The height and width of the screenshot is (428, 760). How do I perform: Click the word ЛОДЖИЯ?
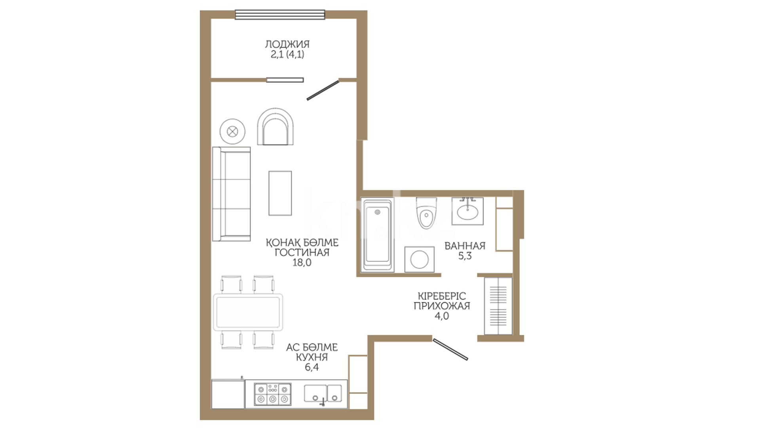pyautogui.click(x=287, y=44)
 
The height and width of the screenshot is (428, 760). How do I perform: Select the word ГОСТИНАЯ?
pyautogui.click(x=302, y=252)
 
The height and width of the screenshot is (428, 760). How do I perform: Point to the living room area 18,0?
pyautogui.click(x=302, y=262)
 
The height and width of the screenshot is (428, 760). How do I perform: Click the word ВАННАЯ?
pyautogui.click(x=465, y=246)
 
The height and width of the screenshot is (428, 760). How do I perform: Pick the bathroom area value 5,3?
pyautogui.click(x=465, y=256)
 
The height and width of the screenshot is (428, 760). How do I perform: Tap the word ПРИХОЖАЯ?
pyautogui.click(x=442, y=306)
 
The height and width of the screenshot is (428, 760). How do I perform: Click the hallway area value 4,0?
pyautogui.click(x=442, y=316)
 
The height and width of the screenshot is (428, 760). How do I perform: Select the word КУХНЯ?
pyautogui.click(x=312, y=357)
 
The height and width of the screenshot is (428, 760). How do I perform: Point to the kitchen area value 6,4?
pyautogui.click(x=312, y=367)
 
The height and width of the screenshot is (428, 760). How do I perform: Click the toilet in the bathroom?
pyautogui.click(x=426, y=212)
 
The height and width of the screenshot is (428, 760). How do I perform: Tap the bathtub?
pyautogui.click(x=377, y=235)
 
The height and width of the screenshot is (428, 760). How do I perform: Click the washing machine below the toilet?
pyautogui.click(x=419, y=260)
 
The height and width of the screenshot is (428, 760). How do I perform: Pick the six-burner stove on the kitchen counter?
pyautogui.click(x=272, y=394)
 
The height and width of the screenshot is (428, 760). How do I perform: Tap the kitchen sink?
pyautogui.click(x=323, y=394)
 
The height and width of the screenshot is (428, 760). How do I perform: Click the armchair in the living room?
pyautogui.click(x=275, y=126)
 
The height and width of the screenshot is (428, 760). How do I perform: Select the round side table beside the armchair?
pyautogui.click(x=232, y=131)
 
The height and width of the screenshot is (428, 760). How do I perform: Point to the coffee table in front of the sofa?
pyautogui.click(x=280, y=193)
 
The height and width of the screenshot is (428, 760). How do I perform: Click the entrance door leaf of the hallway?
pyautogui.click(x=450, y=349)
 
